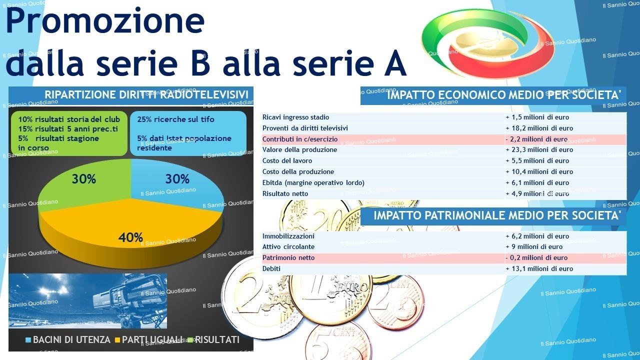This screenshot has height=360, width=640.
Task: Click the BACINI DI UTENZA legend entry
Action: tap(68, 339)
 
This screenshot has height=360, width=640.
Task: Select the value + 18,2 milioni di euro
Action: tap(539, 128)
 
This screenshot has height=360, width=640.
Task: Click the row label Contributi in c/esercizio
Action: tap(300, 139)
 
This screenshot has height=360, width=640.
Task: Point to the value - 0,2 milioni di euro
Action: tap(536, 257)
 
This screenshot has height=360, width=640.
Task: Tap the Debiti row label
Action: tap(271, 268)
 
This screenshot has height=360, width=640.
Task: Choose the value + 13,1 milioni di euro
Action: tap(539, 268)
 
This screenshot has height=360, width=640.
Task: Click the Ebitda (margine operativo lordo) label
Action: tap(313, 183)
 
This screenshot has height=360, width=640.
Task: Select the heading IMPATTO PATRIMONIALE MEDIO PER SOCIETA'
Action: tap(497, 215)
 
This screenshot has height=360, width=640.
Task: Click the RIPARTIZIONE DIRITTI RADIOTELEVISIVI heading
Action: tap(146, 94)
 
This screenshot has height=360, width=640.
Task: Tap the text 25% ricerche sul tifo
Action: tap(175, 119)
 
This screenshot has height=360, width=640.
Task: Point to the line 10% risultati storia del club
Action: tap(69, 119)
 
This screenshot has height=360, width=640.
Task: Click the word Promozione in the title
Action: tap(105, 21)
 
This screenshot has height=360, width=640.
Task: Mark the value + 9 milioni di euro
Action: tap(534, 246)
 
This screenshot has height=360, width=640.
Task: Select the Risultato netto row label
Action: tap(285, 193)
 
